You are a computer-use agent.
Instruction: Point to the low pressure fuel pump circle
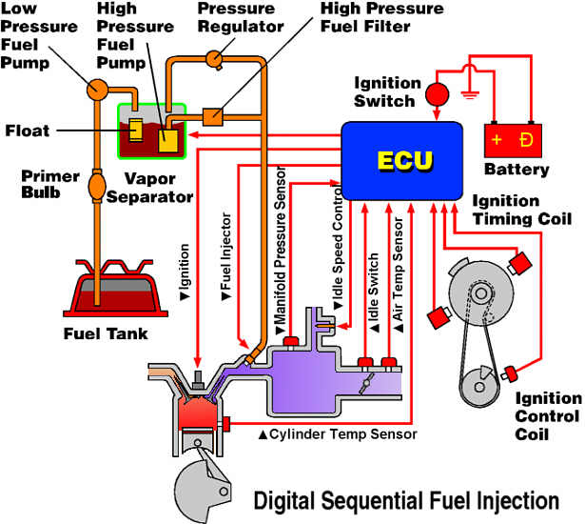point(98,90)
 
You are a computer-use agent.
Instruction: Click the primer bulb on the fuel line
point(99,184)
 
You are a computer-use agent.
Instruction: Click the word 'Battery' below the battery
point(517,170)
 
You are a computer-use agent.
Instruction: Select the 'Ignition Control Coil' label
point(546,415)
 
